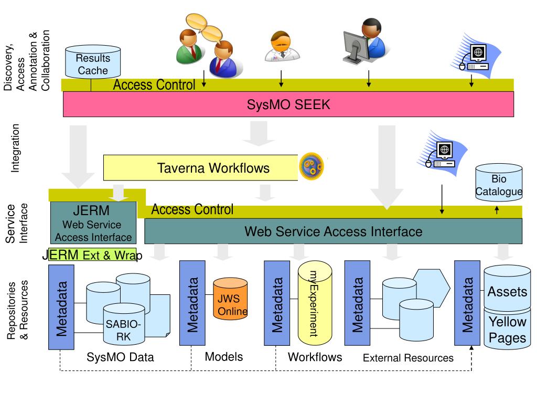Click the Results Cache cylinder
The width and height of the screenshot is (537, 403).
tap(93, 62)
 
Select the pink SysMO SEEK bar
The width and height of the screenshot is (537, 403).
tap(288, 104)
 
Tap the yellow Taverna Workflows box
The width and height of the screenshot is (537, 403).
tap(201, 167)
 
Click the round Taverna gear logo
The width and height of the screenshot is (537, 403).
tap(312, 166)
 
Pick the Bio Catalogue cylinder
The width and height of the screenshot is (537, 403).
tap(499, 182)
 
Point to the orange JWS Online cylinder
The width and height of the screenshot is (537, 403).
tap(230, 299)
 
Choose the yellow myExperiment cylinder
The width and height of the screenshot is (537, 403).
tap(315, 303)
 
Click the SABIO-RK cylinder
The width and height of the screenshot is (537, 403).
tap(124, 324)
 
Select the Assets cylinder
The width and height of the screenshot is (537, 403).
tap(507, 288)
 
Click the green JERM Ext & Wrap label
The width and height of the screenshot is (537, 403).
tap(92, 254)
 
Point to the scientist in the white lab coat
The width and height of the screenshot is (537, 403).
tap(282, 47)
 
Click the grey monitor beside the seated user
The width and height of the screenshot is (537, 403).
tap(356, 47)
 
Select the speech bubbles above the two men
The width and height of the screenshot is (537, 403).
tap(205, 28)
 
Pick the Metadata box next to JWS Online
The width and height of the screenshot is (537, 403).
tap(192, 303)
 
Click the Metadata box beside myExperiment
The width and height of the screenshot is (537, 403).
tap(277, 303)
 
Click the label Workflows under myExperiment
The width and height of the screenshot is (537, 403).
tap(315, 357)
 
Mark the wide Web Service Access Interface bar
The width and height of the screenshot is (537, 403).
tap(333, 231)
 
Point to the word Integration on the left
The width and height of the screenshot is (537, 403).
tap(15, 148)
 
